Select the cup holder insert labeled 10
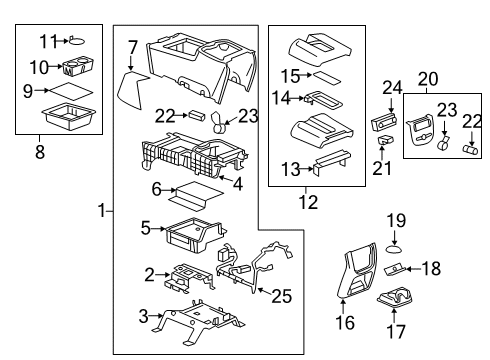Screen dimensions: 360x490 coord(75,70)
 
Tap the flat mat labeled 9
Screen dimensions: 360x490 coord(71,94)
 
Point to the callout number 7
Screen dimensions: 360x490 coord(132,46)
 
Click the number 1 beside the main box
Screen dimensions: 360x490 coord(100,212)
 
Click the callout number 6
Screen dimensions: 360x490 coord(156,188)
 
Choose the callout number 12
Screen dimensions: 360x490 coord(318,203)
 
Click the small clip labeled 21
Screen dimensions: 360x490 coord(384,141)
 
